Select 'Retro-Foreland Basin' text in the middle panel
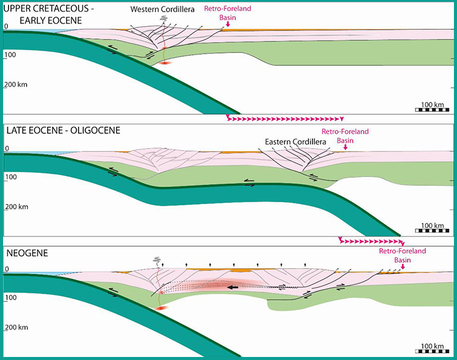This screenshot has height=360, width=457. pos(345,135)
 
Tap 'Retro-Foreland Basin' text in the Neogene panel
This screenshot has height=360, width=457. pos(403,255)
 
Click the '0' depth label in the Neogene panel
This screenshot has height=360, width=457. pos(7,269)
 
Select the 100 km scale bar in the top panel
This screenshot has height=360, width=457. pos(432,110)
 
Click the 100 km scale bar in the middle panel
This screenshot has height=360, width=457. pos(432,231)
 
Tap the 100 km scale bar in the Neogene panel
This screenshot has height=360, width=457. pos(432,351)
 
